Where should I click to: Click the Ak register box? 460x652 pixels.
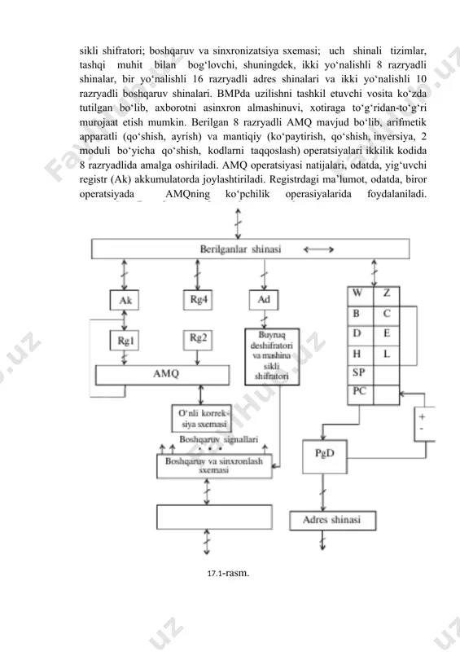point(125,300)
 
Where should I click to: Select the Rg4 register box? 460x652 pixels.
point(198,300)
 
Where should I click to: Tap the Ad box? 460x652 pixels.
point(264,300)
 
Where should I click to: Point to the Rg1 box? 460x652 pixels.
point(125,341)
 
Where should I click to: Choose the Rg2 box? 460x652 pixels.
point(198,340)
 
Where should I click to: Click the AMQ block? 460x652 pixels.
point(163,375)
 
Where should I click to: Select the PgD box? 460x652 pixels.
point(325,456)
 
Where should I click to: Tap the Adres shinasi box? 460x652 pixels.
point(332,521)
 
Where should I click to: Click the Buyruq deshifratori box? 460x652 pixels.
point(272,356)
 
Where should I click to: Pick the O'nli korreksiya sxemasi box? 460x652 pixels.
point(202,418)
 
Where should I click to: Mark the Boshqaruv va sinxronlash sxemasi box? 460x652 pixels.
point(214,466)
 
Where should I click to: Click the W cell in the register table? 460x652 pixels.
point(361,296)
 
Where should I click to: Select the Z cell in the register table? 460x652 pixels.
point(387,296)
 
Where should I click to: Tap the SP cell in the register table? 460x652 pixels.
point(361,376)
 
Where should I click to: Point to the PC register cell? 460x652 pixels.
point(361,395)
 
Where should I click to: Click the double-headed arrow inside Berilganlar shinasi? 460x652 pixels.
point(318,249)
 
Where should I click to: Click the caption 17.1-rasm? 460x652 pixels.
point(228,574)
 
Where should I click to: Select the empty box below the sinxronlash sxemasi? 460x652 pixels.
point(214,517)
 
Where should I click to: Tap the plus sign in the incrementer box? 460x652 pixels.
point(423,416)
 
